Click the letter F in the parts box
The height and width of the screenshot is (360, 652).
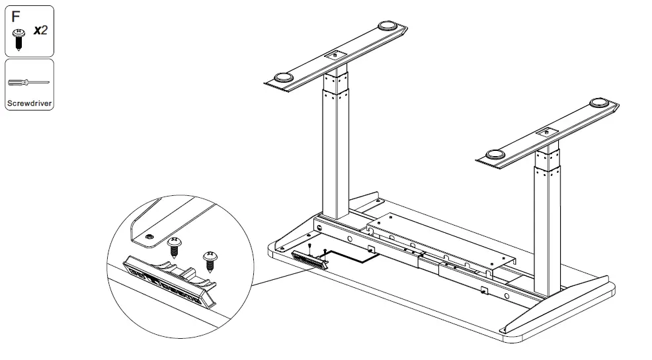(x=15, y=15)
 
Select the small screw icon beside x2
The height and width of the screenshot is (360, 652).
(x=19, y=38)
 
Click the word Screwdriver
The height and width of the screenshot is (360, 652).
(x=29, y=103)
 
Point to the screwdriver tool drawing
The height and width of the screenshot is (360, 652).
(x=28, y=83)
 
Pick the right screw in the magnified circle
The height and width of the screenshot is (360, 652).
(x=210, y=259)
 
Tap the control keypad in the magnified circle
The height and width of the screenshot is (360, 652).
(x=169, y=282)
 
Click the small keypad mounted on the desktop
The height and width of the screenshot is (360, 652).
(x=309, y=258)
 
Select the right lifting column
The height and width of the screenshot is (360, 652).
(x=548, y=225)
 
